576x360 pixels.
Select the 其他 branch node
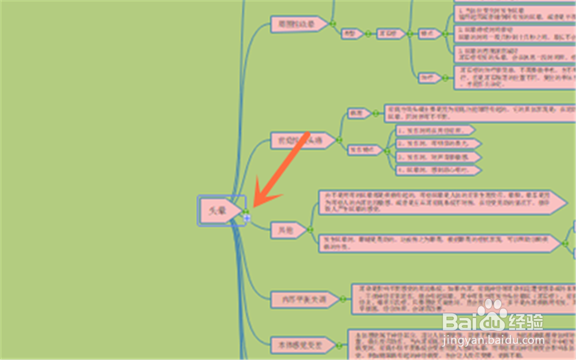coord(289,230)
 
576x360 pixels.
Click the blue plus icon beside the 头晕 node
coord(247,218)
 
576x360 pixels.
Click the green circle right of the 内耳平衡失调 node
coord(342,300)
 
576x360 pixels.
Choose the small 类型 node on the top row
coord(350,34)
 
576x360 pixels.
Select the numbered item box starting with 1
coord(435,131)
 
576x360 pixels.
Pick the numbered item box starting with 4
coord(438,170)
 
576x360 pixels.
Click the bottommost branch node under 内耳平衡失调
coord(302,344)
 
